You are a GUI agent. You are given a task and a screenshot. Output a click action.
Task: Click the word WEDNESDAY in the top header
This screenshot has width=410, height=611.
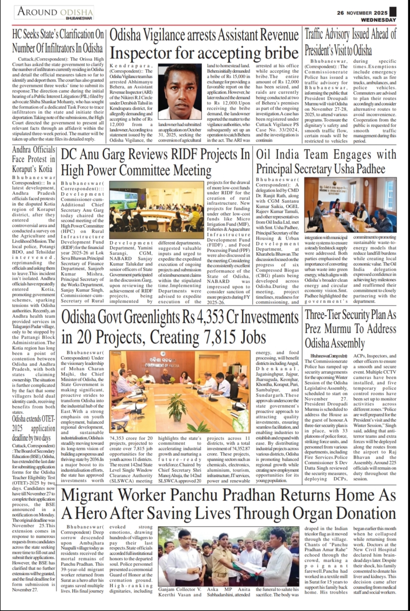(x=378, y=19)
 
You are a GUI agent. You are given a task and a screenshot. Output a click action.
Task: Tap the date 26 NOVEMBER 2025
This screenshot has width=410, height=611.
(x=362, y=12)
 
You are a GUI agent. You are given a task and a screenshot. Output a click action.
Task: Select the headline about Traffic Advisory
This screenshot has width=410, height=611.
(x=350, y=42)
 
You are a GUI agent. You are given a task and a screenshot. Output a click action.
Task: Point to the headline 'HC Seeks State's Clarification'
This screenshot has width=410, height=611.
(x=58, y=41)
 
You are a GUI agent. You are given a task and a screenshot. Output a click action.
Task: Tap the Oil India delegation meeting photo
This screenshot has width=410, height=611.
(x=350, y=205)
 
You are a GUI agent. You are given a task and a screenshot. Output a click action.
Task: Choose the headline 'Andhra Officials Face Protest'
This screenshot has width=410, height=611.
(x=34, y=159)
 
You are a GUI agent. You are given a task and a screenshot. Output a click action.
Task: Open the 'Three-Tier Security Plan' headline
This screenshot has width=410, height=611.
(x=350, y=329)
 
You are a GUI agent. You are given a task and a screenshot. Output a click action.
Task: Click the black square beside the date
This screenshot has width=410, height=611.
(x=393, y=12)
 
